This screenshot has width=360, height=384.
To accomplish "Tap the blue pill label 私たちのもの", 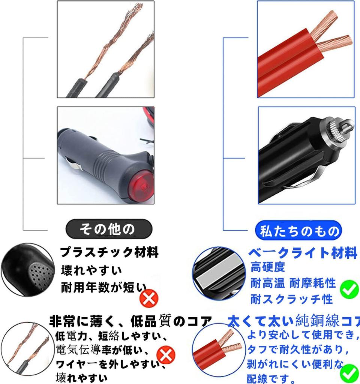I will click(x=298, y=230).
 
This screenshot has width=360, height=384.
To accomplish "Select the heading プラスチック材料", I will click(x=109, y=252).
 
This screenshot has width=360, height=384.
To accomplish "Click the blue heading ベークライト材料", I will click(x=302, y=253).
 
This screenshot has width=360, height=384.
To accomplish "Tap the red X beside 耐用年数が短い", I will click(x=149, y=298).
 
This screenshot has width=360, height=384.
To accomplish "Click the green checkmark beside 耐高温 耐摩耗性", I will click(x=349, y=289).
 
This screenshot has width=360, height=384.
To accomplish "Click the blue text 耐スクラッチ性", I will click(x=291, y=299).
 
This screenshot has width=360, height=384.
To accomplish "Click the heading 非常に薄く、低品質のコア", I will click(x=130, y=321).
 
